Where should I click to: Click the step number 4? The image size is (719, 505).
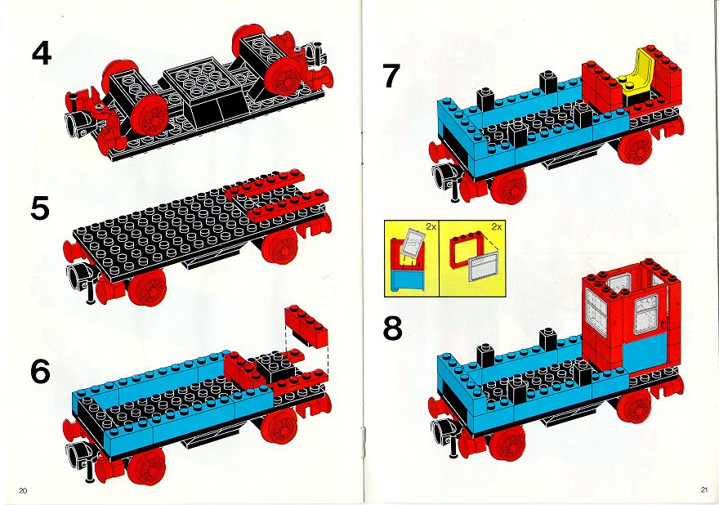click(42, 53)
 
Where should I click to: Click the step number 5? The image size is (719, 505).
click(40, 208)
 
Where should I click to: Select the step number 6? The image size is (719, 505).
click(40, 371)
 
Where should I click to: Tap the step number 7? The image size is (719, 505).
click(391, 76)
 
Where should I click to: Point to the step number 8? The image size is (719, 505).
click(392, 328)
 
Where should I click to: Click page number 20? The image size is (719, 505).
click(23, 490)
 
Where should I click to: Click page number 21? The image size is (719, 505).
click(703, 489)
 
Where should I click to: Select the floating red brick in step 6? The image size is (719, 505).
click(306, 325)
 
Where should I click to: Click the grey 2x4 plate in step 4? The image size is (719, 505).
click(204, 77)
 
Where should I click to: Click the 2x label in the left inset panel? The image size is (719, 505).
click(431, 226)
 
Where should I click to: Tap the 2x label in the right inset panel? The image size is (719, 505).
click(496, 226)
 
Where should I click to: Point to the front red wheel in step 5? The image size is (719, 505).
click(146, 288)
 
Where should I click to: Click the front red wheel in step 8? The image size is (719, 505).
click(507, 444)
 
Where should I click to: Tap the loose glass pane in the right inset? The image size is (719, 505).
click(484, 268)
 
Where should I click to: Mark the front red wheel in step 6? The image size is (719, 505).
click(146, 466)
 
